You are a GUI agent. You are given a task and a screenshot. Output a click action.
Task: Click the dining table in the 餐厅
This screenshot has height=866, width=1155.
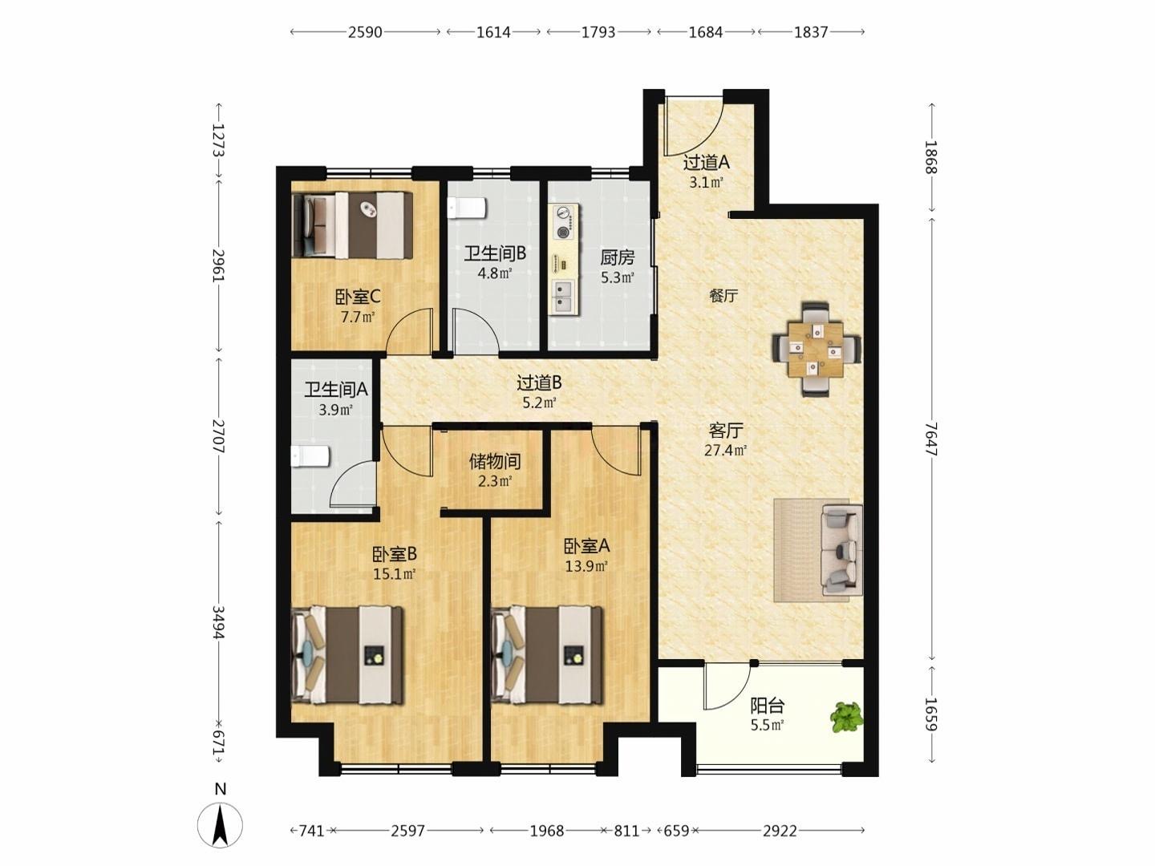click(x=816, y=349)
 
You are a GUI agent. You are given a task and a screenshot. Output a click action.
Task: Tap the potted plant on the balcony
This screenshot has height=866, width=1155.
click(x=847, y=717)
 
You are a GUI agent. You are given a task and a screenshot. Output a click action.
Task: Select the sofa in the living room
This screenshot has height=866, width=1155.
click(x=842, y=549)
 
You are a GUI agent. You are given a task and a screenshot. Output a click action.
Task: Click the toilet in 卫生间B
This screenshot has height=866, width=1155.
click(x=466, y=208)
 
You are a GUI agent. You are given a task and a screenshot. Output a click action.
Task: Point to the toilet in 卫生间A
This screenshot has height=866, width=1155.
click(x=310, y=456)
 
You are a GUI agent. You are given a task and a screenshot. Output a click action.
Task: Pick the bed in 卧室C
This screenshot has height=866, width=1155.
click(x=352, y=225)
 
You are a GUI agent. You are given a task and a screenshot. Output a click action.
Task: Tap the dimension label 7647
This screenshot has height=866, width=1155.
click(x=931, y=439)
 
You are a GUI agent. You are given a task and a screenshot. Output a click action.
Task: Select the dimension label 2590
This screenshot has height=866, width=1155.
click(x=365, y=32)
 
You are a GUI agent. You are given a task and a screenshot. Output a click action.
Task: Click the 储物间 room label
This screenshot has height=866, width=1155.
click(x=495, y=462)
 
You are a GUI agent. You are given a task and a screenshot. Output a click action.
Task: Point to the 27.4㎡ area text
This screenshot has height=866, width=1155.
click(x=726, y=450)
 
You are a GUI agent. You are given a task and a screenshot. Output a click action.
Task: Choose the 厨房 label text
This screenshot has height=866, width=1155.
click(x=618, y=257)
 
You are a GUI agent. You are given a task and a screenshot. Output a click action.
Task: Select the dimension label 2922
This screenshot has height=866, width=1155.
click(x=780, y=831)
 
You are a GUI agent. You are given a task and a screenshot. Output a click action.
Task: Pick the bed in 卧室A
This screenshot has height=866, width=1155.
click(x=547, y=655)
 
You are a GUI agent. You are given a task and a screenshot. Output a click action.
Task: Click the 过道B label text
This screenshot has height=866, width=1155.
click(x=539, y=382)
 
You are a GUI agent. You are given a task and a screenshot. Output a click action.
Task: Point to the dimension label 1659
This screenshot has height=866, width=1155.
click(x=931, y=714)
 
